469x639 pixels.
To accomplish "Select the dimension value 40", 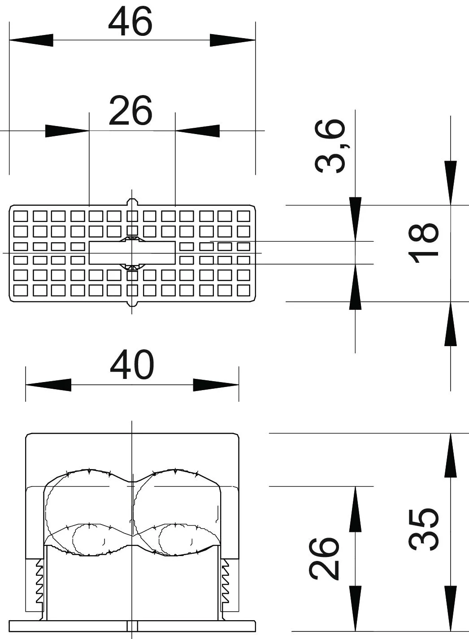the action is point(132,365).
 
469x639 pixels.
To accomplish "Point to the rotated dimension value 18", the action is point(423,243).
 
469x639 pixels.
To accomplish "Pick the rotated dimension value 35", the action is point(423,529).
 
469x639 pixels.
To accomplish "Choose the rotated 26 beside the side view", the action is point(324,560).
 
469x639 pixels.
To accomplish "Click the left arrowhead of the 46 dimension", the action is point(31,40).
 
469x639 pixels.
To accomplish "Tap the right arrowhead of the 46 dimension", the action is point(233,40).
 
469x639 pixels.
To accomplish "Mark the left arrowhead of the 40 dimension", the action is point(48,385).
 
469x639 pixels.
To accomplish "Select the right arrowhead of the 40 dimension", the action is point(216,385).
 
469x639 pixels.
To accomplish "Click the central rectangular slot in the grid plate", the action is point(132,253).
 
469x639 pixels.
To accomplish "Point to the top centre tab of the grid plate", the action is point(131,202).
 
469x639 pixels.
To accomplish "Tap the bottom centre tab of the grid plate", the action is point(131,304).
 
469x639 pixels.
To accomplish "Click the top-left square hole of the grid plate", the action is point(21,216).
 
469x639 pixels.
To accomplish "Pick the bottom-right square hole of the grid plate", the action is point(243,291).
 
